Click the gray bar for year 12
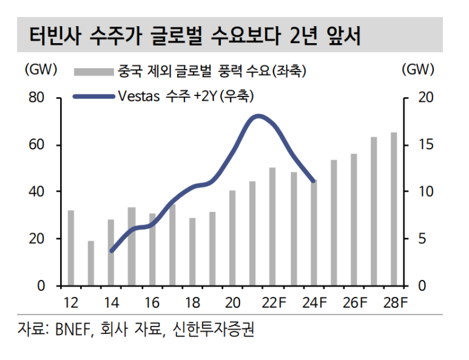point(71,248)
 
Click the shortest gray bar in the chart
point(91,263)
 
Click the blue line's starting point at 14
point(111,250)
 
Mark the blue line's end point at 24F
point(313,181)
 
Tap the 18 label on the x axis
point(192,302)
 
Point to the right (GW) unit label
point(418,70)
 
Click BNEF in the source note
point(73,330)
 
